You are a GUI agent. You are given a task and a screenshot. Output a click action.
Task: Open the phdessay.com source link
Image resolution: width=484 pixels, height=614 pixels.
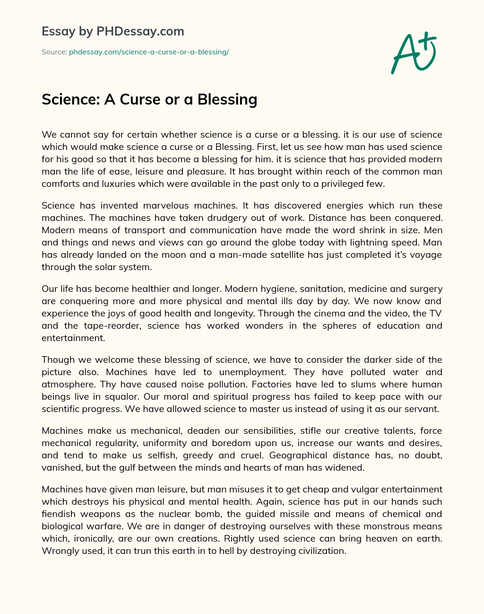pos(149,52)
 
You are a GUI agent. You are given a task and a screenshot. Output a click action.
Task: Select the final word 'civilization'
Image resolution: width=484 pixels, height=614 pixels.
pos(320,551)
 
